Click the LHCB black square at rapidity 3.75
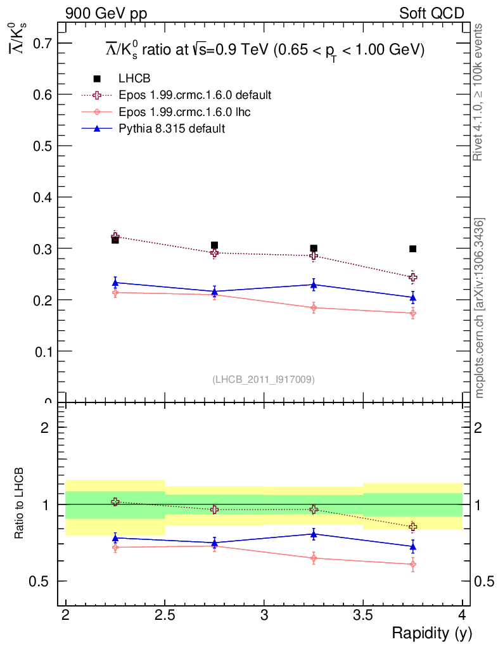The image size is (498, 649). click(x=412, y=249)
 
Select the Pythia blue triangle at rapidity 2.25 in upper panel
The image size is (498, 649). click(x=115, y=282)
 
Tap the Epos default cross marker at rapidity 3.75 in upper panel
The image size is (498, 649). click(x=412, y=277)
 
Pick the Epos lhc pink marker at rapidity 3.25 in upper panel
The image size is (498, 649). click(x=314, y=307)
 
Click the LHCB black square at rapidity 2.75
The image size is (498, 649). click(x=214, y=245)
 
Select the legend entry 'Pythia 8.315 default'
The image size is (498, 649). click(x=172, y=129)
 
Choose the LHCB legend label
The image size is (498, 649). click(x=134, y=79)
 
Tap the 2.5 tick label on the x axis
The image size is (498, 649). click(x=165, y=615)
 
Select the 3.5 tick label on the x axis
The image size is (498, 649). click(x=363, y=615)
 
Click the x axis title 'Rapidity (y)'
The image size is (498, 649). click(x=431, y=633)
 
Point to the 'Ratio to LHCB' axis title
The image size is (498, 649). click(x=20, y=504)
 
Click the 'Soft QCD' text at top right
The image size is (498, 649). click(x=431, y=13)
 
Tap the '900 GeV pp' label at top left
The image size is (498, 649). click(x=101, y=13)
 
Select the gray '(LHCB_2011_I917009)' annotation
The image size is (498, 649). click(x=264, y=379)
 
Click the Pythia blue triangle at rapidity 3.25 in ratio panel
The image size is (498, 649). click(x=314, y=534)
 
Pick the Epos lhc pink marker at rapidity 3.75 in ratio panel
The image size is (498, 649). click(x=412, y=564)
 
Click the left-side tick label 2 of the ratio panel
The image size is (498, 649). click(x=45, y=427)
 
